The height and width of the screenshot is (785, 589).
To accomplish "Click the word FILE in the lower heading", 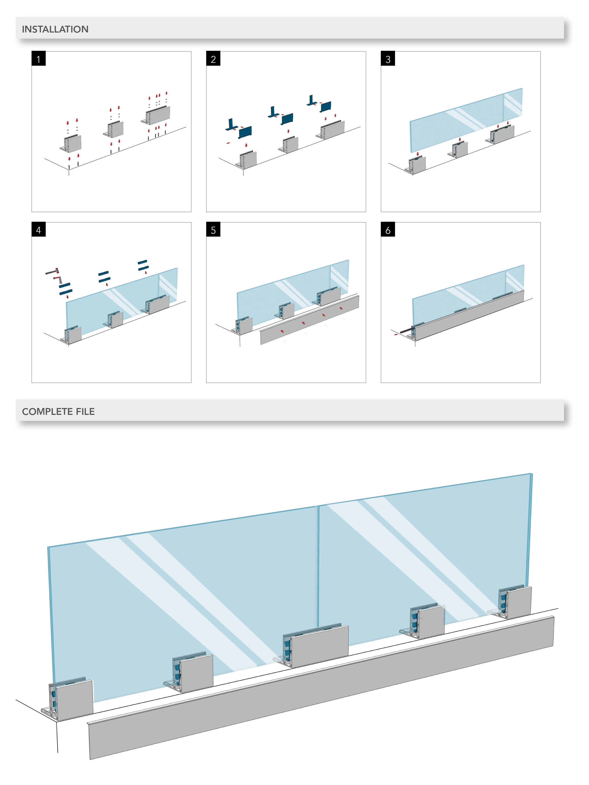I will click(x=85, y=411).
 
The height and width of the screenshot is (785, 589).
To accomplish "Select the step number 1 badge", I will click(x=38, y=59).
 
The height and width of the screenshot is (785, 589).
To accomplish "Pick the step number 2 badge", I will click(x=213, y=59).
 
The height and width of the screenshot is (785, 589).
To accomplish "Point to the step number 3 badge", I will click(x=388, y=59).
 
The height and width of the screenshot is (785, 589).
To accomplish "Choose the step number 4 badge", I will click(x=38, y=230).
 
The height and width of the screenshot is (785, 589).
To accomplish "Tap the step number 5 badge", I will click(x=213, y=230).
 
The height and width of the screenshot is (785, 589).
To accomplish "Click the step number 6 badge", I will click(x=388, y=230).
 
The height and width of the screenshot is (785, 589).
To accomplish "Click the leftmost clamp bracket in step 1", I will click(x=71, y=144).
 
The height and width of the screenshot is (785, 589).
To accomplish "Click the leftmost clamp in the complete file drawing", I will click(x=71, y=699).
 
